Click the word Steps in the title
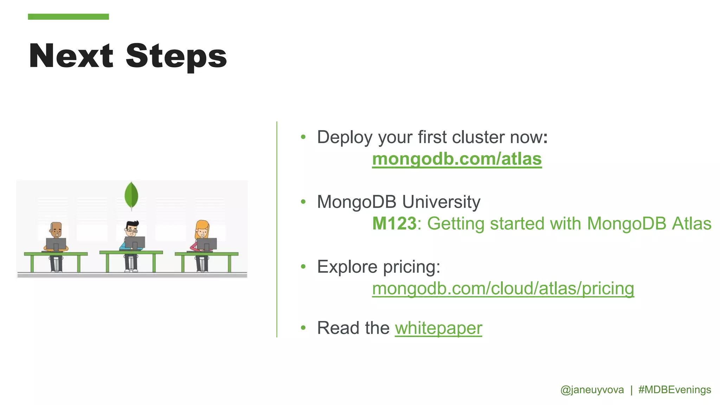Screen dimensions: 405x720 click(176, 57)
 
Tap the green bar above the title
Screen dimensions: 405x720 click(68, 17)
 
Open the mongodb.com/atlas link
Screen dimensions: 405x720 click(457, 159)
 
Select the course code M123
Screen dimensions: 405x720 click(394, 224)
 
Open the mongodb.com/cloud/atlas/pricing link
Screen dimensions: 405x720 click(503, 289)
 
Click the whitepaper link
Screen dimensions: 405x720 click(438, 328)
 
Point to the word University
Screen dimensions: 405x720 click(441, 202)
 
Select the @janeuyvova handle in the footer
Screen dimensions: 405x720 click(592, 390)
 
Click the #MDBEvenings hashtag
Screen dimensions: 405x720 click(674, 390)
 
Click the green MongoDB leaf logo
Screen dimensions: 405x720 click(131, 195)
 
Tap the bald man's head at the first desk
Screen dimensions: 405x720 click(56, 230)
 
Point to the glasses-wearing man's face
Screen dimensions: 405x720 click(132, 231)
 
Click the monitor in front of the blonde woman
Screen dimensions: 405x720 click(207, 244)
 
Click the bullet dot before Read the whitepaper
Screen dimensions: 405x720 click(303, 328)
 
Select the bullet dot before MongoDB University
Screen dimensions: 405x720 click(303, 202)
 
